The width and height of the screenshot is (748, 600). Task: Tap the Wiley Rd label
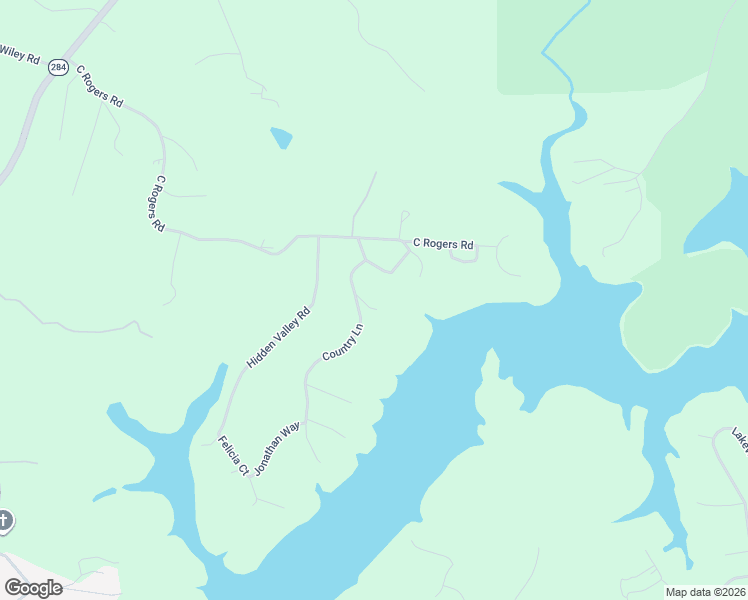pos(20,55)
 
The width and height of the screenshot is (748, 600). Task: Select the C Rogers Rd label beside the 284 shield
pos(100,87)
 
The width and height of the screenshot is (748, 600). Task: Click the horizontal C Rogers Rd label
pos(443,243)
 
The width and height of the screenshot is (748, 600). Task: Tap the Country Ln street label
pos(342,343)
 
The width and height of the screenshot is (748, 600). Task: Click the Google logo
pos(33,587)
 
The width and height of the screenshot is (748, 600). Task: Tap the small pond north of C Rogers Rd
pos(282,137)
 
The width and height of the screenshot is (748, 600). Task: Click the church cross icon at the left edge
pos(4,520)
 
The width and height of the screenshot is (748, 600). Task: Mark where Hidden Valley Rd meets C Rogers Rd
pos(318,237)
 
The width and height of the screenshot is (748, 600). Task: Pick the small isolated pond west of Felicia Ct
pos(104,494)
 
